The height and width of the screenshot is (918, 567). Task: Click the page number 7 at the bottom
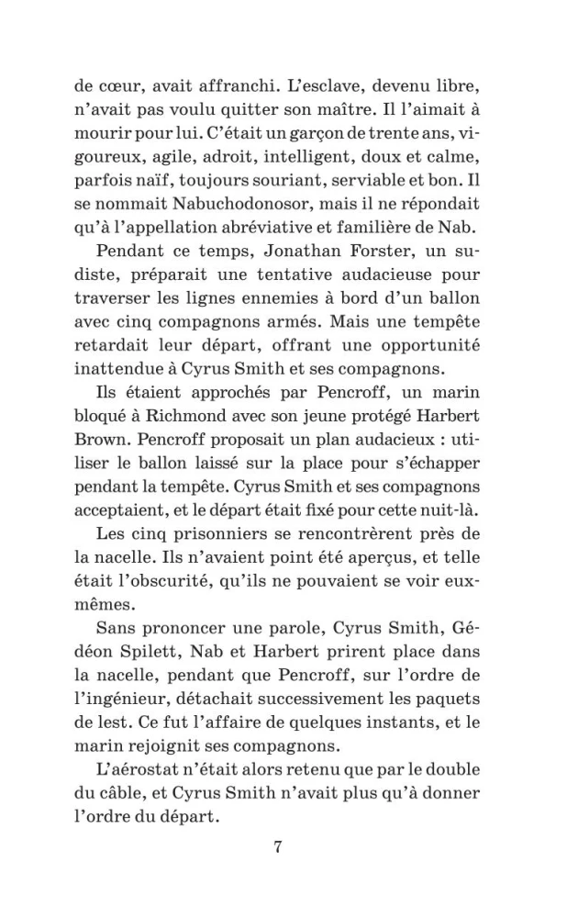[x=277, y=846]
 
